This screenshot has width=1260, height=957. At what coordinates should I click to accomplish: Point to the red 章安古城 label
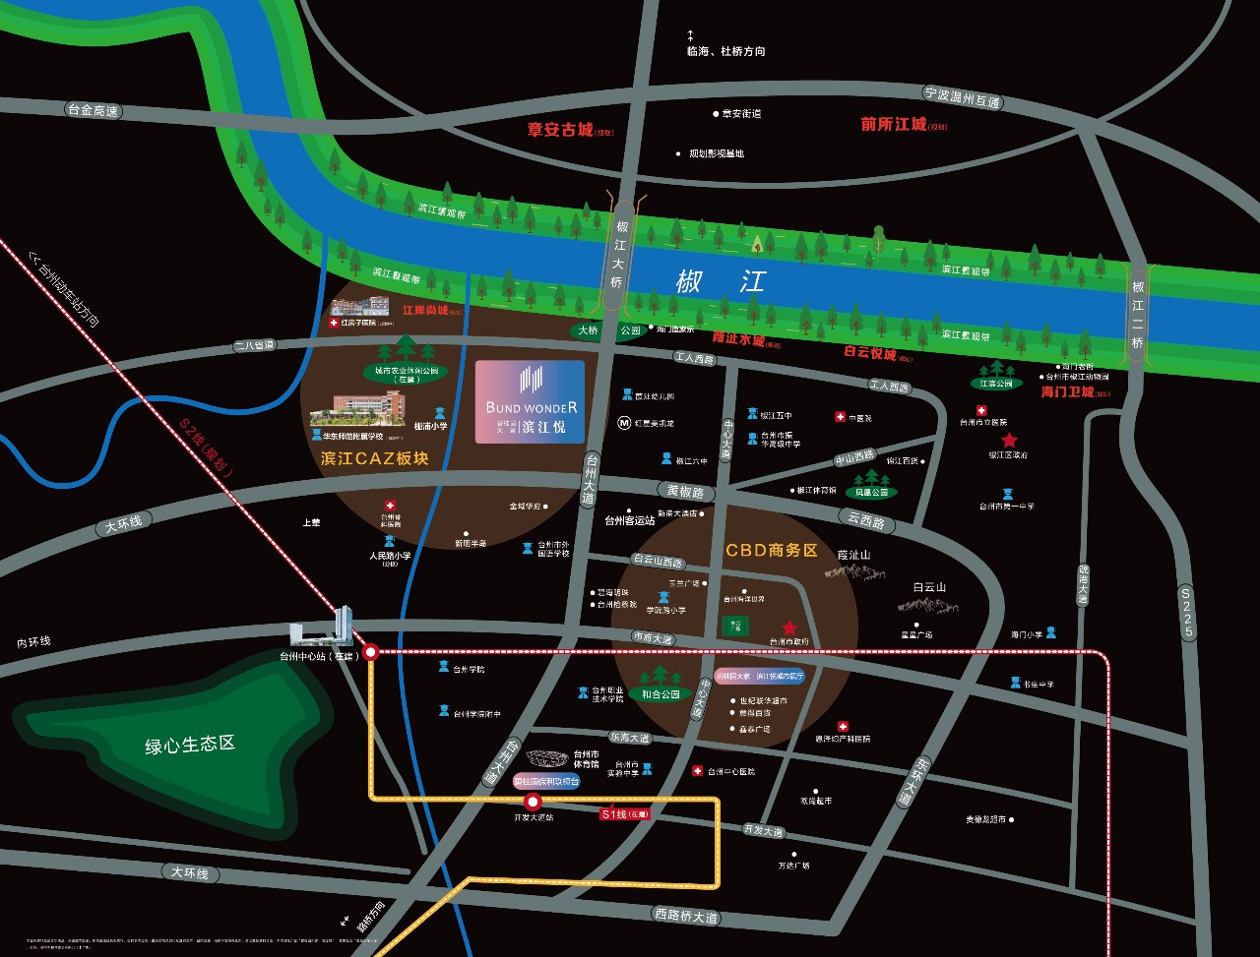[560, 129]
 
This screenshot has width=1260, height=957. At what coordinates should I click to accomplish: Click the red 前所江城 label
[894, 125]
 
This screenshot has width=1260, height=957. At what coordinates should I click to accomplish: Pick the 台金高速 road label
[92, 111]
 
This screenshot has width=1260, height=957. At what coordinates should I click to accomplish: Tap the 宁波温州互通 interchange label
[962, 96]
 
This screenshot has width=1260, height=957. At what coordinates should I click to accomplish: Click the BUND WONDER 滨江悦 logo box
[530, 401]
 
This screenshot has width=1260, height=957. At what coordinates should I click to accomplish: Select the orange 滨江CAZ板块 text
[375, 458]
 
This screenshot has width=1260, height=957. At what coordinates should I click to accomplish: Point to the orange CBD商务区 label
[772, 550]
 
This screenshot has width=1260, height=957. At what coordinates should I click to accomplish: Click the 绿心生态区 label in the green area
[191, 744]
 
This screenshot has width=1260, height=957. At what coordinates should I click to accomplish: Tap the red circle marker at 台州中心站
[371, 651]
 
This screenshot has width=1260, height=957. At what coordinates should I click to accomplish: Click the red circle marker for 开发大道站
[534, 802]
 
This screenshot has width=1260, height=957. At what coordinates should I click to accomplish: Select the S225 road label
[1187, 612]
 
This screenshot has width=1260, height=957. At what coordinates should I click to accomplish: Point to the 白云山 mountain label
[928, 587]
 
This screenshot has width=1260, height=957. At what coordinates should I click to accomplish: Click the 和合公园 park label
[661, 694]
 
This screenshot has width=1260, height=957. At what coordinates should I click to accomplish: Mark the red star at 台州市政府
[788, 628]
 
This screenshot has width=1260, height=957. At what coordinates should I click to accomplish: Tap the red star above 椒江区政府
[1009, 441]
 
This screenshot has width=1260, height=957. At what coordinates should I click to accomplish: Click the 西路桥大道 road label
[686, 915]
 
